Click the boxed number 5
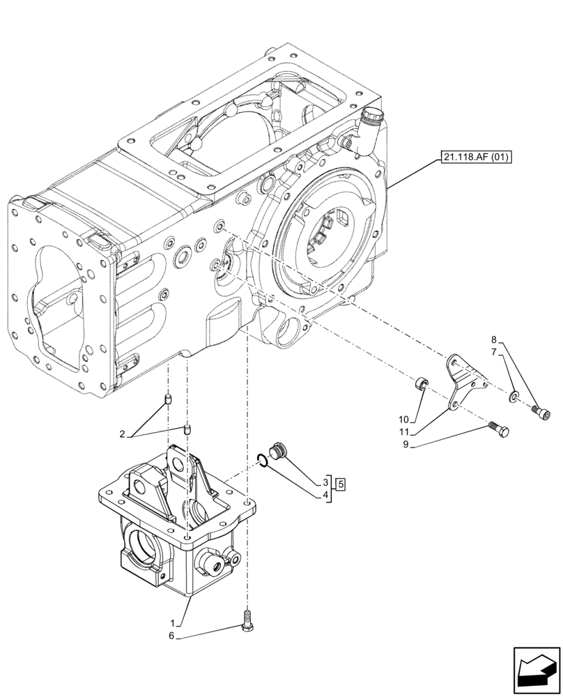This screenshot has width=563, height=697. (x=341, y=482)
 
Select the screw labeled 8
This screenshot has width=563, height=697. (x=541, y=413)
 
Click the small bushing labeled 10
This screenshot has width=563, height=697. (x=422, y=383)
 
